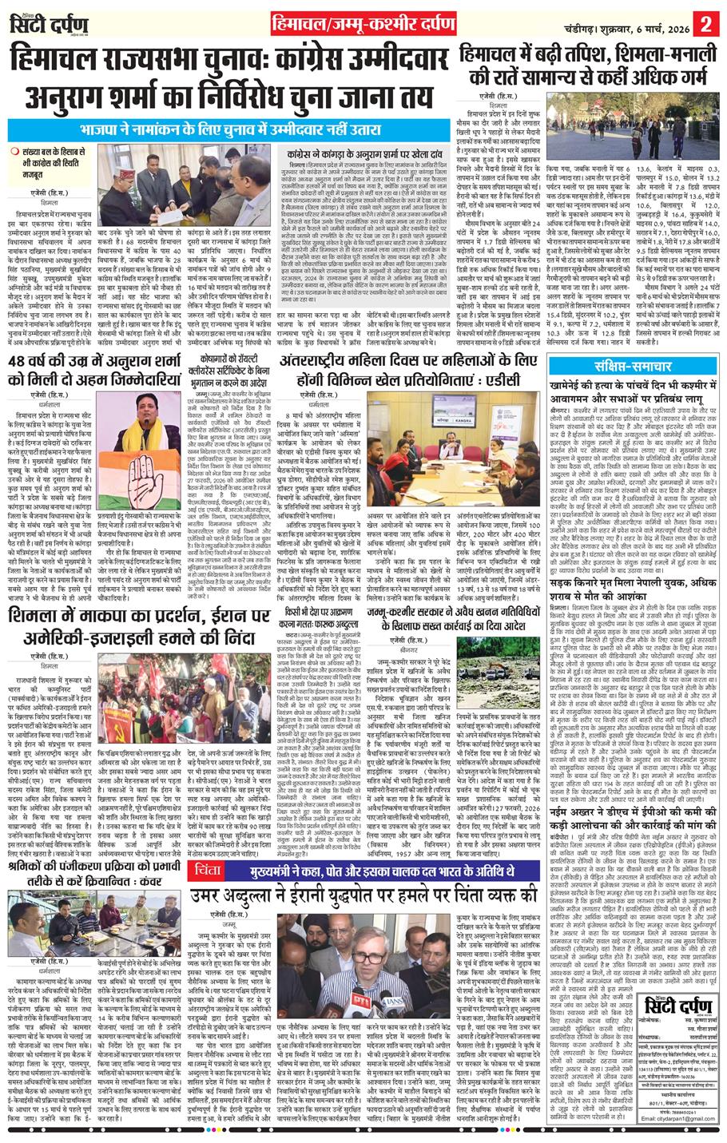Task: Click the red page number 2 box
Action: click(x=705, y=22)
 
